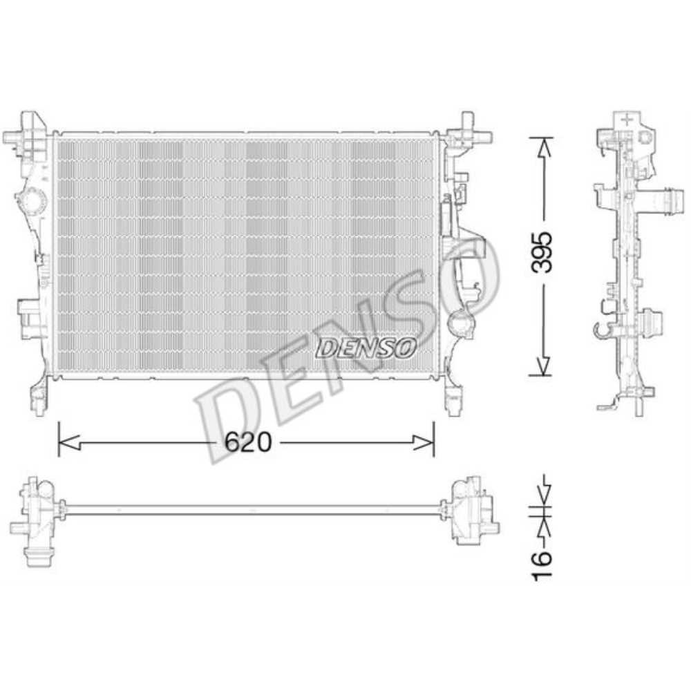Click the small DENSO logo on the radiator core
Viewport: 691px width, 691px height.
366,348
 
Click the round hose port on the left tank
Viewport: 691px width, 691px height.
30,202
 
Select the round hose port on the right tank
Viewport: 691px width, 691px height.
458,322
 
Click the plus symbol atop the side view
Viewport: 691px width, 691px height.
626,119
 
